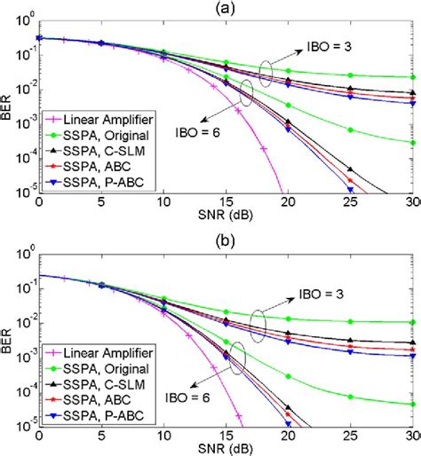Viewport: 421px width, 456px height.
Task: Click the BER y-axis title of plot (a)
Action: [x=8, y=110]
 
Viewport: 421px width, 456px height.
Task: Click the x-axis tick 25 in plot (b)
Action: [x=352, y=436]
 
